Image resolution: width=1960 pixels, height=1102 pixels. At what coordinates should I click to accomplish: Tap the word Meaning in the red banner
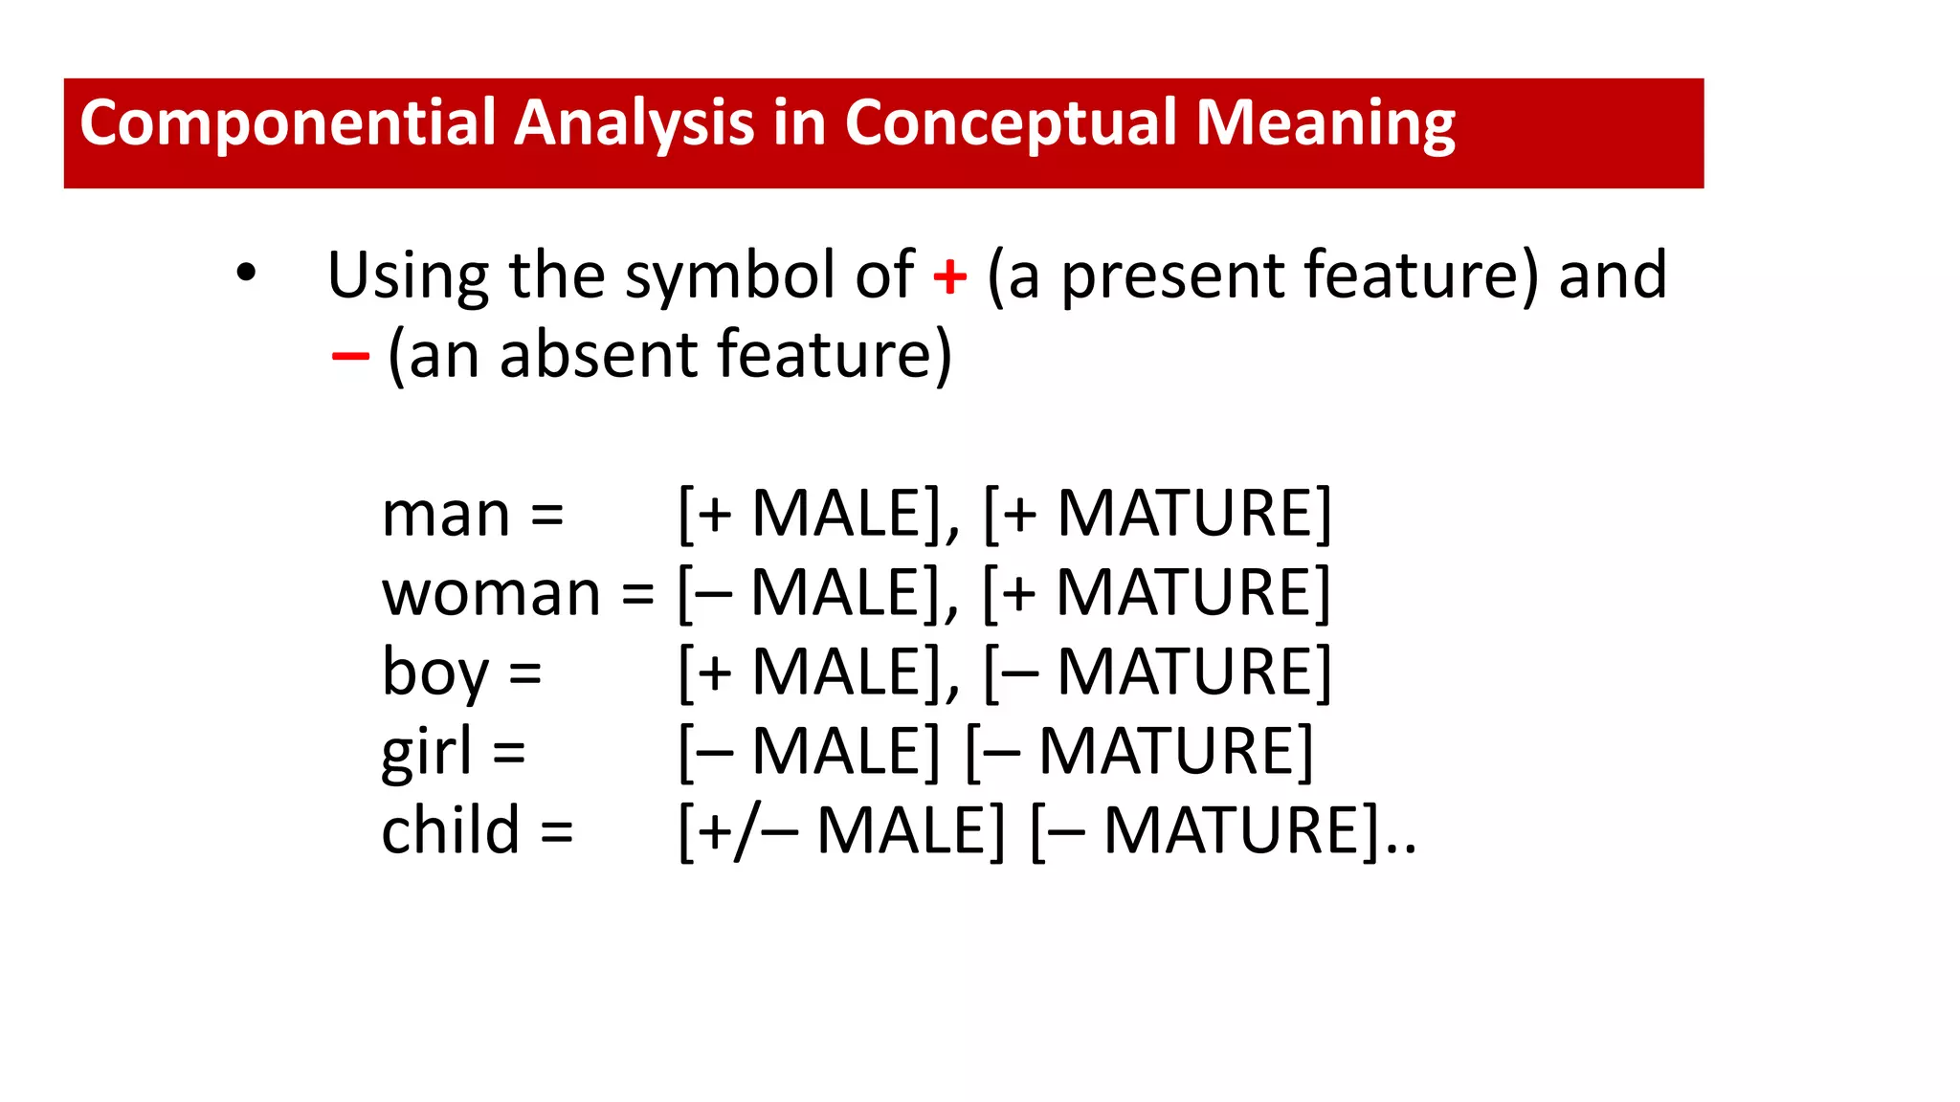(1325, 124)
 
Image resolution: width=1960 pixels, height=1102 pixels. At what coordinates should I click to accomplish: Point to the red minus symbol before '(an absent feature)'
(350, 357)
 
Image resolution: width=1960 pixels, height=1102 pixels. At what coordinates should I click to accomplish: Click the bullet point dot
(246, 274)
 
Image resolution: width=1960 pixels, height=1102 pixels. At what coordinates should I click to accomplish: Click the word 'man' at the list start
(445, 515)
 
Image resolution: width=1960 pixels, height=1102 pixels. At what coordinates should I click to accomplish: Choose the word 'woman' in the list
(491, 594)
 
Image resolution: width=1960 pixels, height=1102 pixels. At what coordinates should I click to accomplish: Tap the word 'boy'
(434, 672)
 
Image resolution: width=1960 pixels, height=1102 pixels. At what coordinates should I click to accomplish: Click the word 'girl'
(426, 752)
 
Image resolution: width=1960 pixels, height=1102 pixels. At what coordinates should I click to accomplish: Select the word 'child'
(450, 830)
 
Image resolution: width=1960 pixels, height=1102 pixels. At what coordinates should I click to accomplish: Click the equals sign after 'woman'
(638, 594)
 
